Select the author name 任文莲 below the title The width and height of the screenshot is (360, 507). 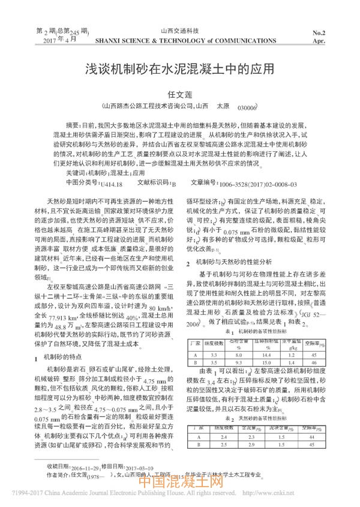(x=179, y=94)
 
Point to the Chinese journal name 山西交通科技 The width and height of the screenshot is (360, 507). (x=179, y=30)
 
